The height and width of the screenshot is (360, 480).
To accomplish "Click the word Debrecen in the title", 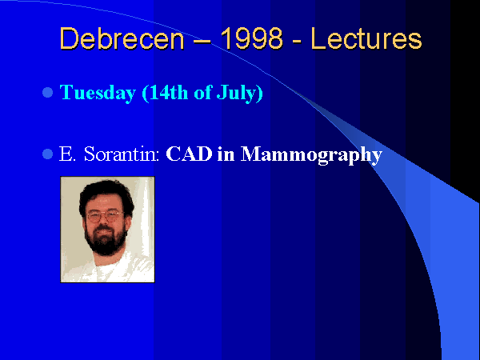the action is (x=122, y=39).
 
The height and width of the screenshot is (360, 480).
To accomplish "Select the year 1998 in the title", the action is (x=251, y=38).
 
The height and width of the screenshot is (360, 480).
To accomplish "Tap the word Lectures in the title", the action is (x=366, y=39).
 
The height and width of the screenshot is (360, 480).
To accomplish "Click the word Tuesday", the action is (x=98, y=93).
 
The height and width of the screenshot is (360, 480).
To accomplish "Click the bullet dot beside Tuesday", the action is (x=47, y=93).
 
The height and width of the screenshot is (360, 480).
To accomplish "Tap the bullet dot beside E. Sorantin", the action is (x=47, y=154).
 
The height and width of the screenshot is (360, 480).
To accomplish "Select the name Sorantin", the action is (x=122, y=154).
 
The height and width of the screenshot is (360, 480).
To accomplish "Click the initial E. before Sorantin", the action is (x=67, y=154).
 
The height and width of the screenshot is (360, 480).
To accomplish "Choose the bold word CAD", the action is (x=189, y=154).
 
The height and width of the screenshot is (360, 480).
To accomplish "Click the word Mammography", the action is (x=311, y=155).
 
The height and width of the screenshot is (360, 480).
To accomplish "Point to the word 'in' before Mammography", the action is (x=226, y=154).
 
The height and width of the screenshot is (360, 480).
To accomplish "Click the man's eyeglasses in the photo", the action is (x=105, y=216).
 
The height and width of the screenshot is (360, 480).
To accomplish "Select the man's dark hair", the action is (x=106, y=196).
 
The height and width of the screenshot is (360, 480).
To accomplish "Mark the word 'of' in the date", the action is (x=203, y=92).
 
